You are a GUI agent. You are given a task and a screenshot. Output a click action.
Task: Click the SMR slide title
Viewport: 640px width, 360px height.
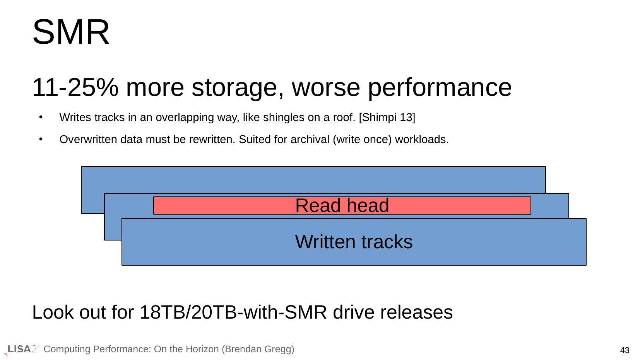71,32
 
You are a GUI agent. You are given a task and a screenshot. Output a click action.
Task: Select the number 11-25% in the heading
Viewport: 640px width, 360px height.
75,88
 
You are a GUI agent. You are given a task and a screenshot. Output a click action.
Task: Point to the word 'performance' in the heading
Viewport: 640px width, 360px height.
440,89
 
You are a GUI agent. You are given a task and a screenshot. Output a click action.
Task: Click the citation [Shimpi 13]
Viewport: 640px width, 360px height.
387,117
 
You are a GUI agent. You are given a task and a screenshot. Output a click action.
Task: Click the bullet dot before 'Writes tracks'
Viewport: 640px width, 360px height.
41,117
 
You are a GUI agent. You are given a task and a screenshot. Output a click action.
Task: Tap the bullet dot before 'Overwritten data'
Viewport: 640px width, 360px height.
41,139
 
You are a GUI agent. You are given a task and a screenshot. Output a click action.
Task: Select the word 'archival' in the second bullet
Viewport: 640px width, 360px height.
310,139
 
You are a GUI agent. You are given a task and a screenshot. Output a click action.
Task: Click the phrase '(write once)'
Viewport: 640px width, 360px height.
362,140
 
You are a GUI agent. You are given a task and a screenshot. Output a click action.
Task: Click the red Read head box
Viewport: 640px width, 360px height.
342,205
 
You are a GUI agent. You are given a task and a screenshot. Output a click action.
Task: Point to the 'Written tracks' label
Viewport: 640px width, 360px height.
354,242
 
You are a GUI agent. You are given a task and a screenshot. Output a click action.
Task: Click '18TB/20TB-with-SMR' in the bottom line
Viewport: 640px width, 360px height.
233,312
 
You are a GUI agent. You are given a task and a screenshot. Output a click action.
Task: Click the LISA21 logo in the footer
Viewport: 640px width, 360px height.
23,349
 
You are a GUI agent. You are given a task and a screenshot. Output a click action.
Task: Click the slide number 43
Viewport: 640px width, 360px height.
625,350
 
